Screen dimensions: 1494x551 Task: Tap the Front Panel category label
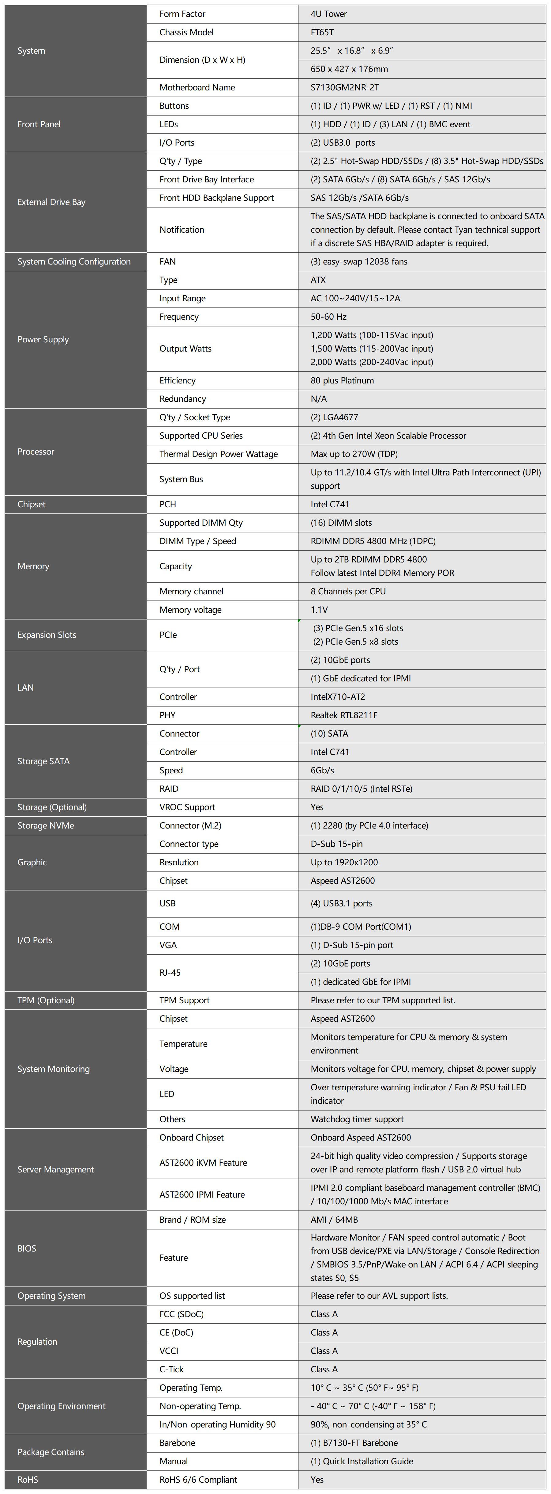click(39, 124)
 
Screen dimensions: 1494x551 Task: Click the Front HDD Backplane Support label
click(217, 198)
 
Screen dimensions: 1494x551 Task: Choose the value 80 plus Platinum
click(343, 380)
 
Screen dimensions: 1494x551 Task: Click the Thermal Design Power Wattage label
click(219, 454)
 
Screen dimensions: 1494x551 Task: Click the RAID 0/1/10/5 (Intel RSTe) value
click(362, 789)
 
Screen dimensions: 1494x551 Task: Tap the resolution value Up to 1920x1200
click(344, 863)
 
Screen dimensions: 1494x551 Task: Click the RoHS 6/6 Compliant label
click(198, 1480)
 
